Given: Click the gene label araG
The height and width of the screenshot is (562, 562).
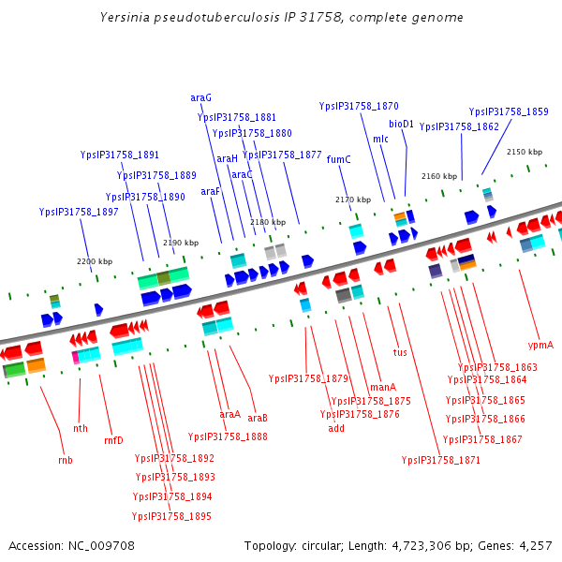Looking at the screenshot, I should [x=200, y=97].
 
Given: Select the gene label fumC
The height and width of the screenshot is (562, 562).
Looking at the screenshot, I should [x=338, y=159].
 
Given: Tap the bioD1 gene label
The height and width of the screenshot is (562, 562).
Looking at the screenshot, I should [x=401, y=124].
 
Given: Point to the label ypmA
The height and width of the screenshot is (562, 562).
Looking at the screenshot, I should [x=540, y=345].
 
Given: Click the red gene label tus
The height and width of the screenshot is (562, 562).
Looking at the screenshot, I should [x=400, y=353].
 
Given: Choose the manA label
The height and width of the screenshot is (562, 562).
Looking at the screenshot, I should [x=383, y=387].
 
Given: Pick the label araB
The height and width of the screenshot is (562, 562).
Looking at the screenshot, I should [x=258, y=418].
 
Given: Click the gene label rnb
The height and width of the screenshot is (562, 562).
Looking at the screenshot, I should [x=66, y=460].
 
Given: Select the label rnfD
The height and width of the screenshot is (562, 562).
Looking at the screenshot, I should [x=113, y=440].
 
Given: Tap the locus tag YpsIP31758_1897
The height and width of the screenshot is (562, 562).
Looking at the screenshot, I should [x=79, y=213].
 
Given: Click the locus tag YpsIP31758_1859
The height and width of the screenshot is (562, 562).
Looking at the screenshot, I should [x=509, y=111].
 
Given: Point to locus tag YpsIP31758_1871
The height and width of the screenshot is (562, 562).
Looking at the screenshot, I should [x=440, y=460].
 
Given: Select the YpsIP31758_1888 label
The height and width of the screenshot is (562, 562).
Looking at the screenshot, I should [x=228, y=436].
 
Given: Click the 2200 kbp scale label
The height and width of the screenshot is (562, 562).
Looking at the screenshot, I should [x=94, y=261].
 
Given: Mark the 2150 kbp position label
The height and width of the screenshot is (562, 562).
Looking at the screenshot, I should [x=524, y=152].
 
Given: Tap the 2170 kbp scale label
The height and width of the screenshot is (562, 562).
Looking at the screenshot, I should [x=353, y=200].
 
